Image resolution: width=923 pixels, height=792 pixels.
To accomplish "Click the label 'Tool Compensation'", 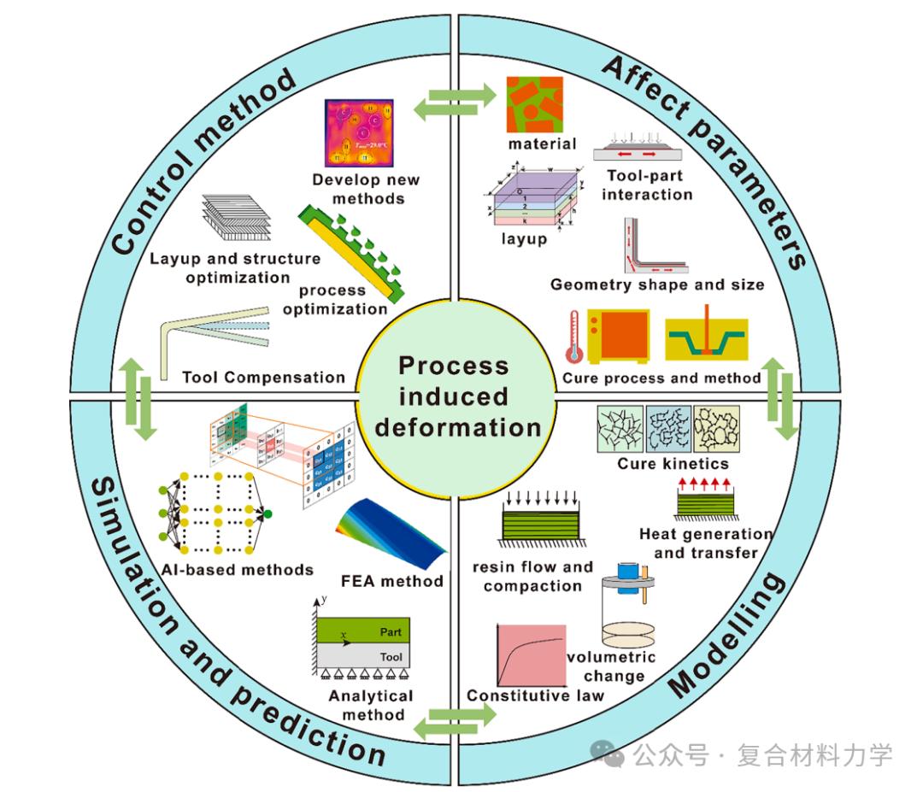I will point(264,377).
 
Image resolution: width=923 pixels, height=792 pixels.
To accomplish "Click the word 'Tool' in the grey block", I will point(391,657).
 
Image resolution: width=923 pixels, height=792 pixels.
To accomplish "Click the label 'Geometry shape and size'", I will point(657,285).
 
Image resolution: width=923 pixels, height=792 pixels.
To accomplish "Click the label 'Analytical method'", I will point(370,705).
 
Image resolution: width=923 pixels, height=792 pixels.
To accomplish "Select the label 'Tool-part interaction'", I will point(646,185).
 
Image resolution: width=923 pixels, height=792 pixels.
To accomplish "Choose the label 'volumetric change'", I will point(612,666).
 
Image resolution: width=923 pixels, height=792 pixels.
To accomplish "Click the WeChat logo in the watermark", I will point(610,754).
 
